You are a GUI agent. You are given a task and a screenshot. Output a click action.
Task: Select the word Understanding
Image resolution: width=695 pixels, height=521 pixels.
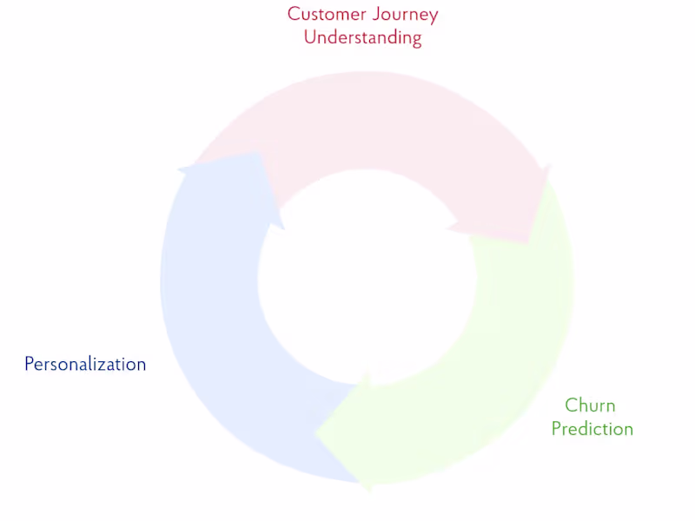tap(362, 38)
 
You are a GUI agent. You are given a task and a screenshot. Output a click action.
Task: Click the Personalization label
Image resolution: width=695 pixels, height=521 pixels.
tap(85, 365)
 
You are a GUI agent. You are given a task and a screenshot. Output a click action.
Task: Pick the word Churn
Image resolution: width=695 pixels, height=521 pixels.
tap(590, 406)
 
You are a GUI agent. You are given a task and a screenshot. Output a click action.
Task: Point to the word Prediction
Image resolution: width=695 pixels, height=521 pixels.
tap(592, 429)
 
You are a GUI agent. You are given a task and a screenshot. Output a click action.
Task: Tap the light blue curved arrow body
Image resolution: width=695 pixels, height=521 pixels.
tap(208, 330)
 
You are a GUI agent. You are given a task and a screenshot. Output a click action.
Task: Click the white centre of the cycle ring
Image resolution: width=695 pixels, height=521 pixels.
tap(365, 278)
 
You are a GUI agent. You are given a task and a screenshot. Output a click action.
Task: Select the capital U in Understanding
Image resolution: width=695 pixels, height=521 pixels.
tap(310, 37)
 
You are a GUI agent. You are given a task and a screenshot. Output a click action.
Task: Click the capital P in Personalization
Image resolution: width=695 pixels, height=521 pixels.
tap(29, 364)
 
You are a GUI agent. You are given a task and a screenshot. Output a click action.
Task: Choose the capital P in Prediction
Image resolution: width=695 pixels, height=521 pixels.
tap(556, 429)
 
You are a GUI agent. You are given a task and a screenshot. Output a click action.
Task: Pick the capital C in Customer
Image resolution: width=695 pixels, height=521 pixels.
tap(294, 15)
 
